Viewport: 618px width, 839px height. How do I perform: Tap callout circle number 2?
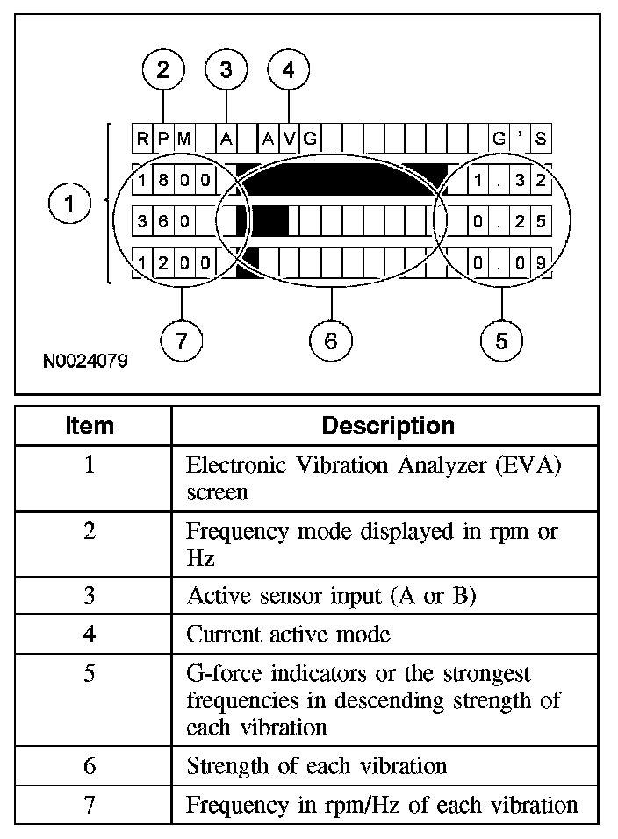(163, 71)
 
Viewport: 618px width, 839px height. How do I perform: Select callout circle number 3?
(226, 71)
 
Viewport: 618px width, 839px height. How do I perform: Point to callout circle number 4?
(289, 71)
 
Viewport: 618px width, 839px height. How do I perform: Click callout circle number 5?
(501, 341)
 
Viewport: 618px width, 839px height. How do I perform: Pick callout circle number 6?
(331, 341)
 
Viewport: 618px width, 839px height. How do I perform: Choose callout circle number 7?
(181, 341)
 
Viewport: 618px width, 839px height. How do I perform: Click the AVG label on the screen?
(289, 139)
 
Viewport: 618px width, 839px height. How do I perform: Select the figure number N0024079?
(83, 361)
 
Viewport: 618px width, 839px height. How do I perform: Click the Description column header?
(388, 427)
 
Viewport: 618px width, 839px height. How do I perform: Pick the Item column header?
(90, 427)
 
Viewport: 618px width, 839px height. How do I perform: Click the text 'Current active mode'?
(289, 634)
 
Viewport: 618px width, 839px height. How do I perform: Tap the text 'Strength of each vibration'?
(317, 765)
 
